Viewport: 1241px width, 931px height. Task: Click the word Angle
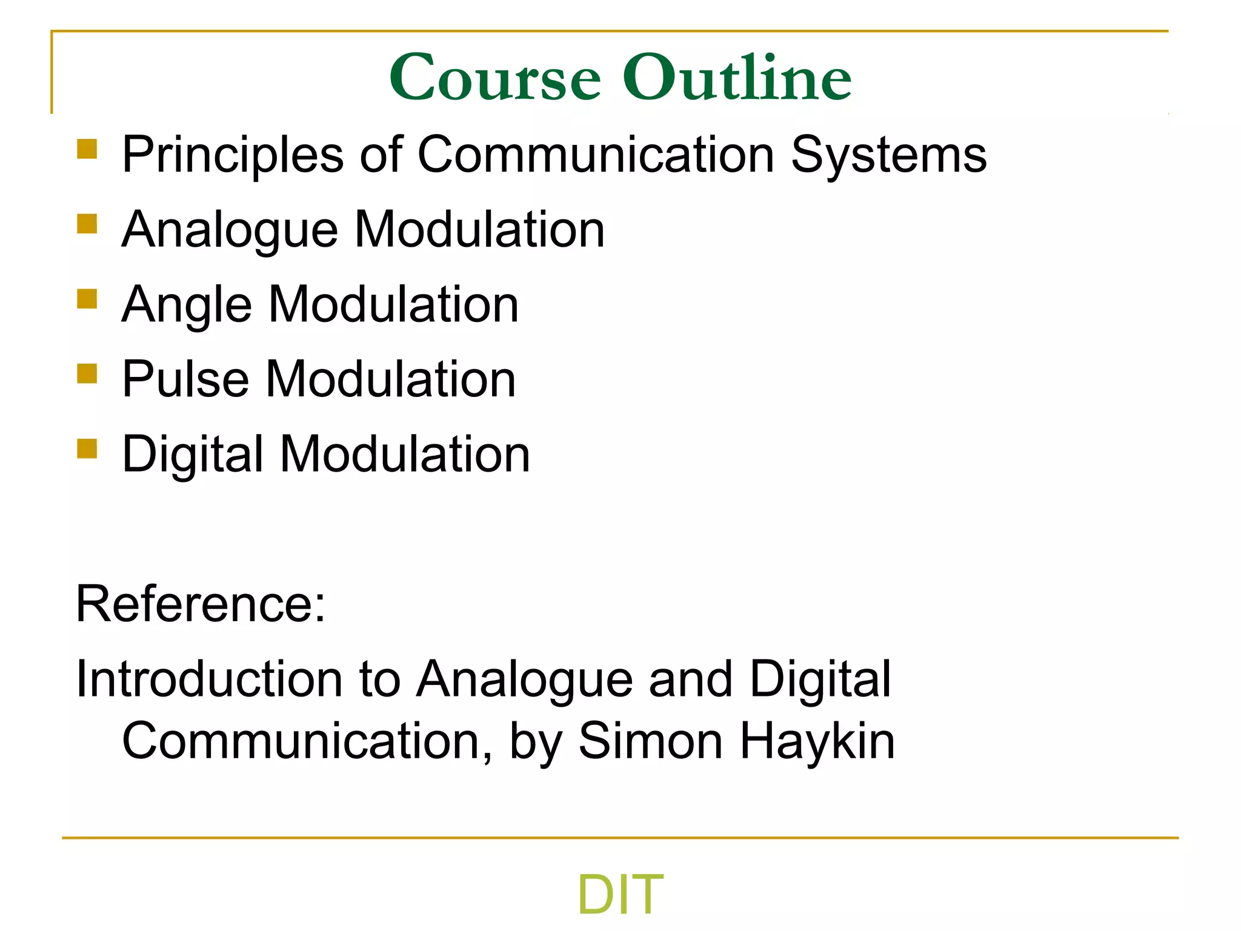187,305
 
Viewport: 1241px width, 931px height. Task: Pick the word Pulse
185,379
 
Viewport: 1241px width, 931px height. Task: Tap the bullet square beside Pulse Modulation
87,373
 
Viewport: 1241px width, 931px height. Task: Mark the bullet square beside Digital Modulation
87,449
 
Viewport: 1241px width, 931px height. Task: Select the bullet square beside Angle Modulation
87,299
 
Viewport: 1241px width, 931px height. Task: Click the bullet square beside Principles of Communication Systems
87,149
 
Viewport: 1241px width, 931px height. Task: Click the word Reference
201,604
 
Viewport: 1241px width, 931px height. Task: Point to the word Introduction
209,679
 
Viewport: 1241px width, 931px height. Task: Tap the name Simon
651,741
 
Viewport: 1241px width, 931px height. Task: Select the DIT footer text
620,894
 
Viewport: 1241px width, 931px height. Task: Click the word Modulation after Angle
393,305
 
